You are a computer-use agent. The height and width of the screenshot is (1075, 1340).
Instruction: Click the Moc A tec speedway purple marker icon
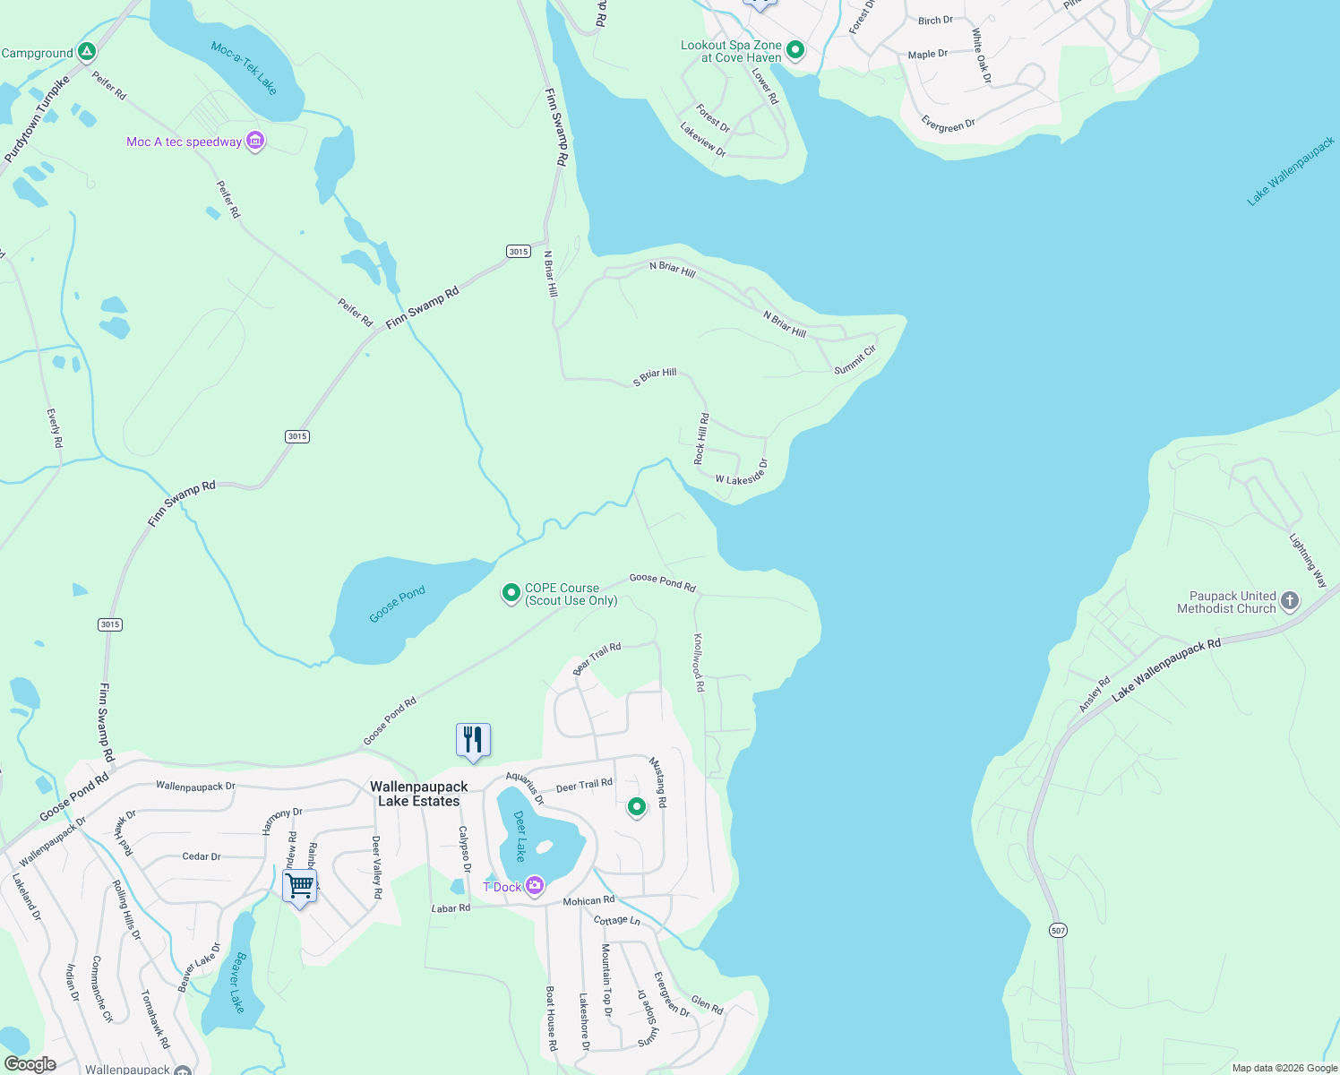pyautogui.click(x=255, y=142)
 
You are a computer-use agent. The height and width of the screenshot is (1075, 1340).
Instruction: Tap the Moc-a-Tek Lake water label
pyautogui.click(x=245, y=68)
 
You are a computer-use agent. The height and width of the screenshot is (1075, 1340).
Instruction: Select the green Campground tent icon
pyautogui.click(x=86, y=52)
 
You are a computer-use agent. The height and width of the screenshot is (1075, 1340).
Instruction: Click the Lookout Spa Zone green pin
pyautogui.click(x=795, y=50)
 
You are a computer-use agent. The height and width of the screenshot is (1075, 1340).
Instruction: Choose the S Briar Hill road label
pyautogui.click(x=655, y=377)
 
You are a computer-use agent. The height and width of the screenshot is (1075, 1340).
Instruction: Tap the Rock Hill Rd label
pyautogui.click(x=702, y=439)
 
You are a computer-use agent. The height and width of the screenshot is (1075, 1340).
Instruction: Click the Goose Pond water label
pyautogui.click(x=397, y=605)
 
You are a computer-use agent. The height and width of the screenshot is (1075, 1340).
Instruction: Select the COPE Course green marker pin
pyautogui.click(x=511, y=593)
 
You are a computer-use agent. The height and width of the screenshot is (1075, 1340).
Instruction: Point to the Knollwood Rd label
pyautogui.click(x=699, y=663)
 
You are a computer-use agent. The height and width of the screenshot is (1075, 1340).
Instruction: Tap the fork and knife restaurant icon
pyautogui.click(x=473, y=740)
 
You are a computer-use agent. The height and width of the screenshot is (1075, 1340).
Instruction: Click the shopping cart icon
pyautogui.click(x=300, y=887)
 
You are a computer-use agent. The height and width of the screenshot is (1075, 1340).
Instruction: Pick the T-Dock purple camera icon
pyautogui.click(x=535, y=886)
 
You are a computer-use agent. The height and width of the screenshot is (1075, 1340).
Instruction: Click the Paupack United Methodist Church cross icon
pyautogui.click(x=1289, y=601)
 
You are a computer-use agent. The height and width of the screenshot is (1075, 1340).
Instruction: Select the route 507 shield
pyautogui.click(x=1059, y=931)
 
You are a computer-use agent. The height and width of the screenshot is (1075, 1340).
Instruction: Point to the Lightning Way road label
pyautogui.click(x=1308, y=561)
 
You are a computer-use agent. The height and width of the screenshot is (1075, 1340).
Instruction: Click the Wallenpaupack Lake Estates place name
pyautogui.click(x=419, y=794)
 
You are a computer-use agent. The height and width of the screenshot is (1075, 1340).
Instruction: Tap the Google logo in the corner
pyautogui.click(x=30, y=1064)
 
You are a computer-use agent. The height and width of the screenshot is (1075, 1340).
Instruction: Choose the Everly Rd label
pyautogui.click(x=55, y=428)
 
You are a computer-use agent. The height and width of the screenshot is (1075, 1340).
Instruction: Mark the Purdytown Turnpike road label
pyautogui.click(x=37, y=120)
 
